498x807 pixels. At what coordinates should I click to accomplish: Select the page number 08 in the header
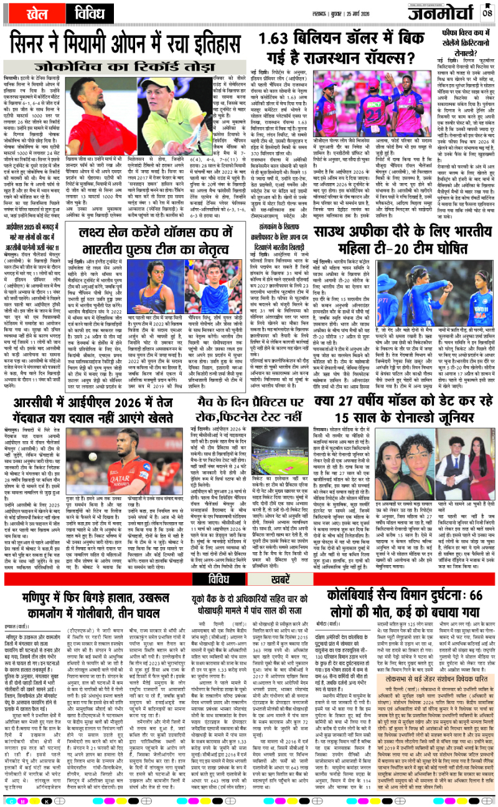pos(488,12)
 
